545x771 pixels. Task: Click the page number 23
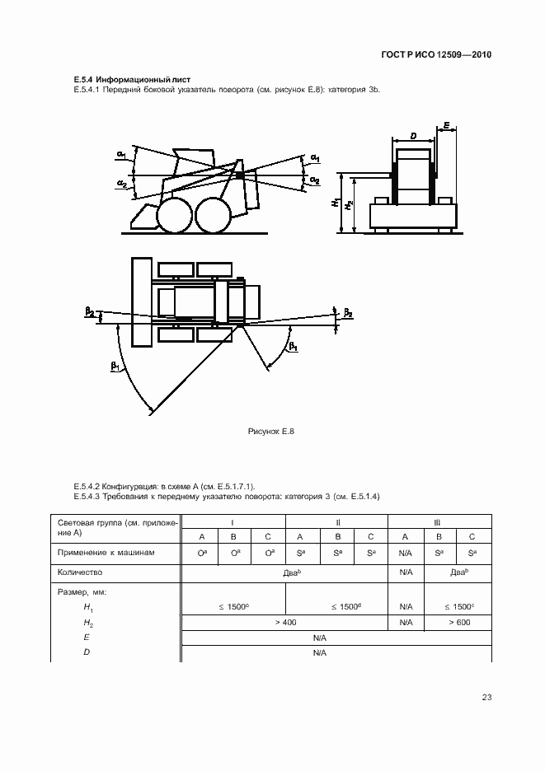click(x=486, y=698)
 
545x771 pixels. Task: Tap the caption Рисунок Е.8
click(x=271, y=431)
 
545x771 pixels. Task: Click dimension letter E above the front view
click(x=446, y=126)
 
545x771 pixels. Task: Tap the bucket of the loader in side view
click(x=143, y=217)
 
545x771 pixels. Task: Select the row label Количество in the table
click(x=80, y=571)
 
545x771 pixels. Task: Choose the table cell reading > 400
click(x=284, y=622)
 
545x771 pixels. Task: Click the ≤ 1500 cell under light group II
click(x=336, y=606)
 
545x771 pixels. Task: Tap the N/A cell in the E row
click(x=320, y=638)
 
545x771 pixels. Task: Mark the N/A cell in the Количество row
click(x=406, y=571)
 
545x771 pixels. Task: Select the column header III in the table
click(x=440, y=522)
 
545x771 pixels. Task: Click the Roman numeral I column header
click(x=233, y=522)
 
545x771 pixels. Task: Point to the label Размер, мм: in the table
click(x=83, y=591)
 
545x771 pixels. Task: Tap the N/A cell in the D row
click(x=320, y=653)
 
